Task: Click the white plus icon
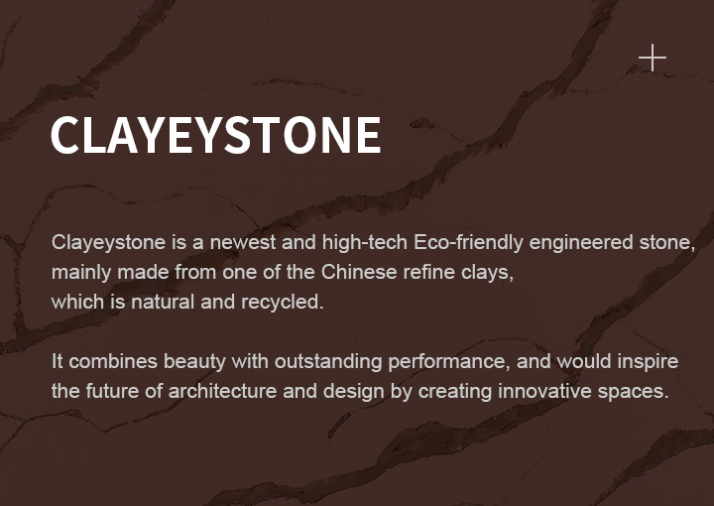point(653,58)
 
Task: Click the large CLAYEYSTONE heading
point(216,135)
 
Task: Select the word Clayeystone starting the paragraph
point(108,243)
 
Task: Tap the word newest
point(243,242)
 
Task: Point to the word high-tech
point(365,243)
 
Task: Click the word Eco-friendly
point(468,243)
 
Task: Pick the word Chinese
point(359,273)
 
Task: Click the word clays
point(487,273)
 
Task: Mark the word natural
point(163,302)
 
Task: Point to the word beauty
point(194,362)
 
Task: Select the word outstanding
point(328,362)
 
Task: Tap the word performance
point(449,362)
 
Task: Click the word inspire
point(648,362)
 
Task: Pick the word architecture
point(222,391)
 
